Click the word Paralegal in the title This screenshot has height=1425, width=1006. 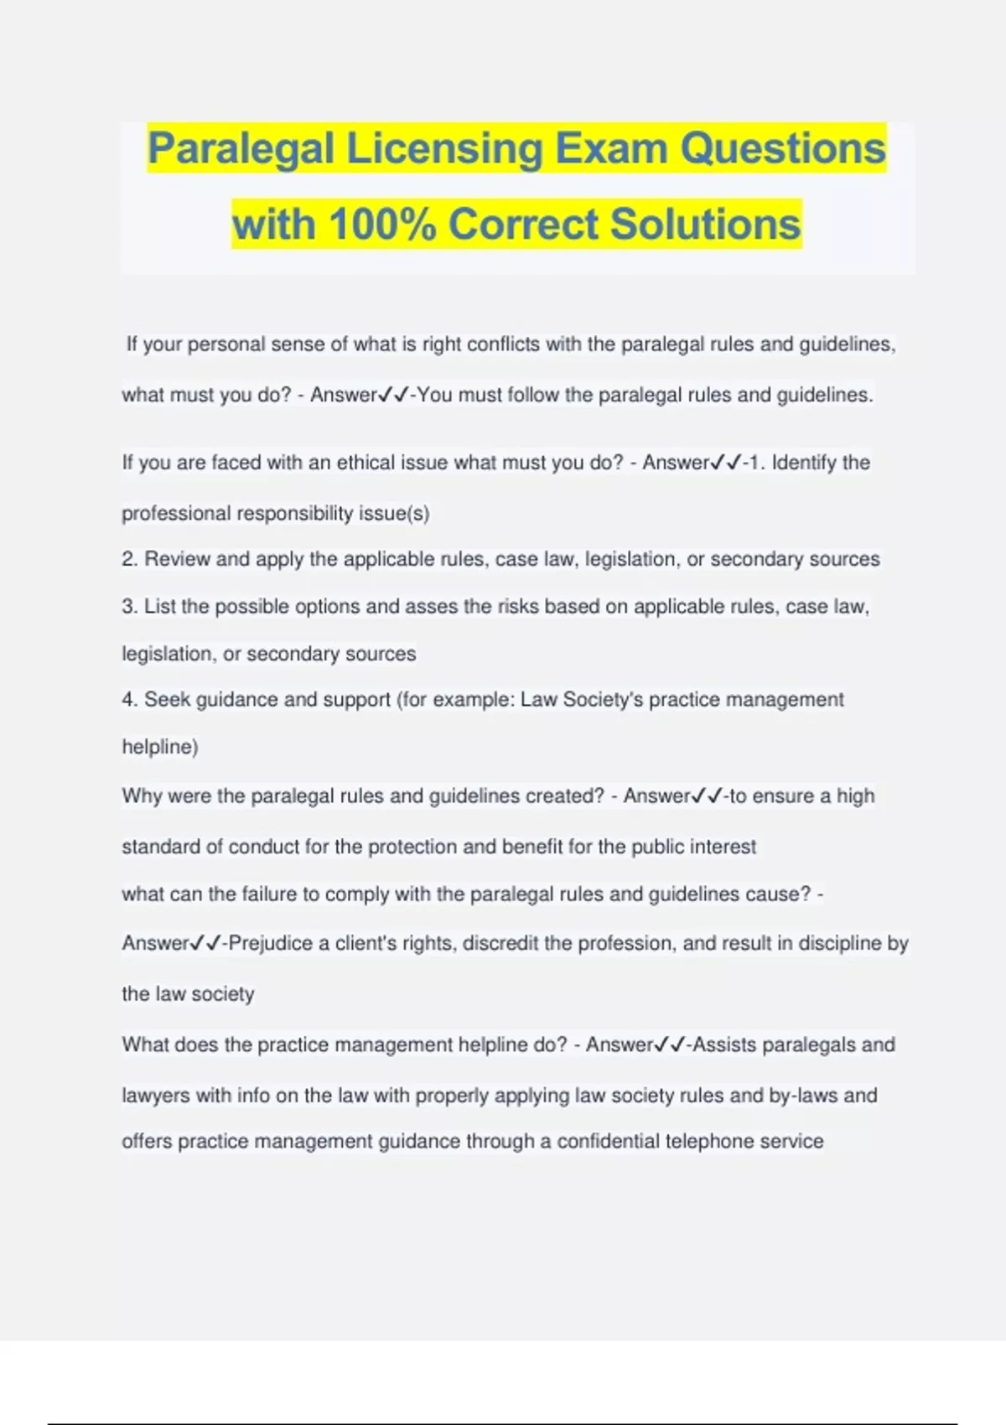(x=241, y=149)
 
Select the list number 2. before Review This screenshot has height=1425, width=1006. (x=130, y=559)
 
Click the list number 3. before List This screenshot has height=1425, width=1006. (x=130, y=606)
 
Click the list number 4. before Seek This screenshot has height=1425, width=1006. (x=130, y=700)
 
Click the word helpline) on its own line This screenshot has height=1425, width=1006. (x=160, y=747)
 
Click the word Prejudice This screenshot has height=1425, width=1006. (x=271, y=944)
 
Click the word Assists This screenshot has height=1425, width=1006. (x=725, y=1045)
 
